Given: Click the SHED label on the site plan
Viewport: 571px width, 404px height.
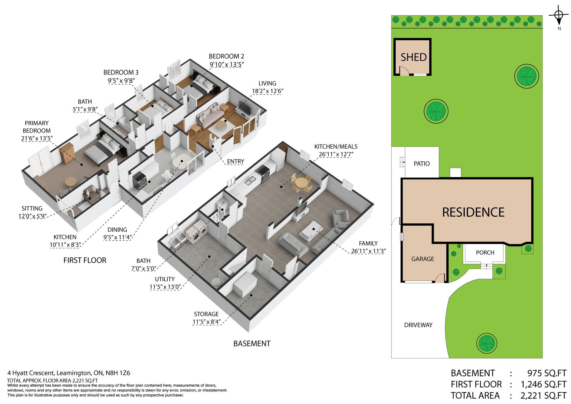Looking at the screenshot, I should pyautogui.click(x=413, y=57).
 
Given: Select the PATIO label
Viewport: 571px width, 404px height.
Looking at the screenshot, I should pyautogui.click(x=422, y=163).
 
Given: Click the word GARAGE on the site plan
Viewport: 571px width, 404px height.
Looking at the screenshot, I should pyautogui.click(x=422, y=259).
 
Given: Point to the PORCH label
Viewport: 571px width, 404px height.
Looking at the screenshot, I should pyautogui.click(x=485, y=252).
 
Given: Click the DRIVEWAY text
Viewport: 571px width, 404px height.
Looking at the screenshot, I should pyautogui.click(x=418, y=325).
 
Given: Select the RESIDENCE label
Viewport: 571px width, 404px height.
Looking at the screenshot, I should pyautogui.click(x=473, y=212).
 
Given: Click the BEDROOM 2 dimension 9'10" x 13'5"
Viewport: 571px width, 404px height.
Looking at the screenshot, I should pyautogui.click(x=227, y=65).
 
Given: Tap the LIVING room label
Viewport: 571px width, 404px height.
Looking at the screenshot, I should pyautogui.click(x=267, y=83).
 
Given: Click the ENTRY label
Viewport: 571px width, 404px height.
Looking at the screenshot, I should pyautogui.click(x=235, y=162).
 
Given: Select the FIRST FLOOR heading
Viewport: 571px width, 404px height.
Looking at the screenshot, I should pyautogui.click(x=85, y=260).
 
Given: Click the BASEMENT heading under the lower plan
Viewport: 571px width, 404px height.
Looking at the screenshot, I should pyautogui.click(x=252, y=344).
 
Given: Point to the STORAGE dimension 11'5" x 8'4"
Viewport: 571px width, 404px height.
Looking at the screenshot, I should pyautogui.click(x=207, y=322).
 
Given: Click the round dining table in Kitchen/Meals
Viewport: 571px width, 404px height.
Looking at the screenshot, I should pyautogui.click(x=302, y=183).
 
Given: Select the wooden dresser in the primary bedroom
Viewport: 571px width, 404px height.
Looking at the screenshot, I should pyautogui.click(x=67, y=153).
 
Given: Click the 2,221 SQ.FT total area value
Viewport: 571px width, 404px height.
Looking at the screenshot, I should pyautogui.click(x=543, y=396).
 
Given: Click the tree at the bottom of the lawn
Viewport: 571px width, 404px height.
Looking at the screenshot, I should pyautogui.click(x=487, y=343).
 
